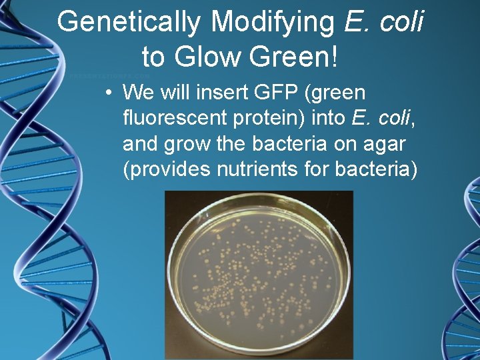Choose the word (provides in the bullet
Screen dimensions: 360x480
pyautogui.click(x=167, y=170)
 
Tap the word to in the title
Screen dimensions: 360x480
pyautogui.click(x=153, y=57)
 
